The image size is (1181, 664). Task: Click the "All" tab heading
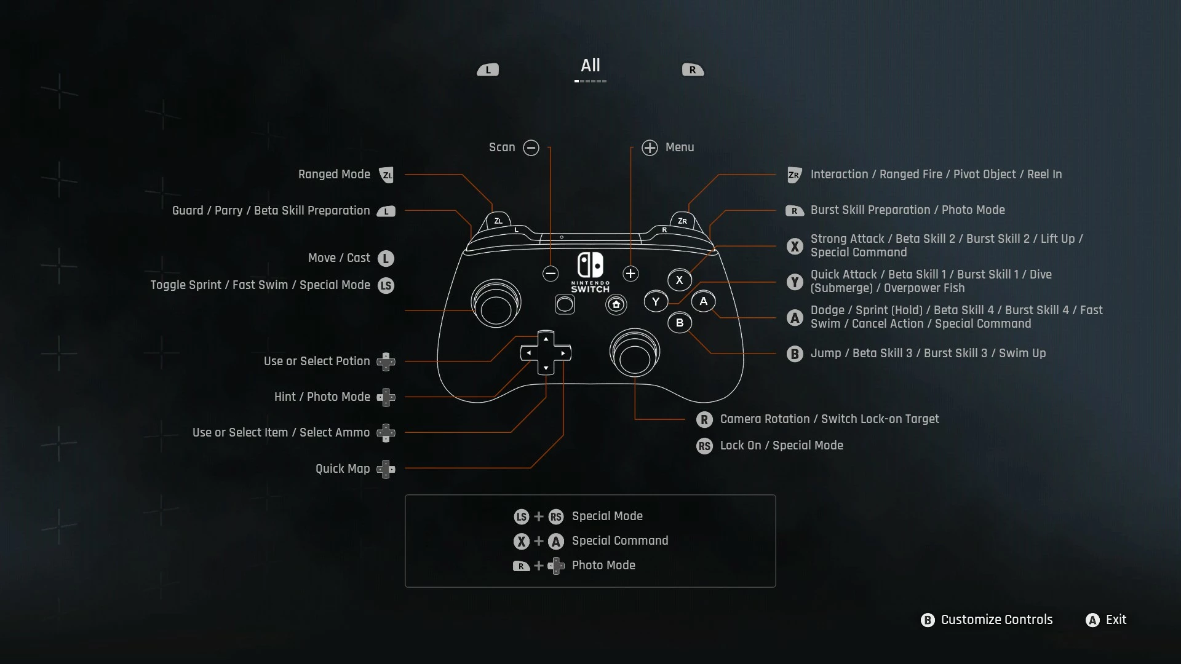[590, 65]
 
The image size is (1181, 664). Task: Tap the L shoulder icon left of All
[488, 70]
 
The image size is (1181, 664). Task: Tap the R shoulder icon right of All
[693, 70]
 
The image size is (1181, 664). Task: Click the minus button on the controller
[551, 274]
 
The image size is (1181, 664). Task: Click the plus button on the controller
[630, 274]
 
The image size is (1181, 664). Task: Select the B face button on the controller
[680, 323]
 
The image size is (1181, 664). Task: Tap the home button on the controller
[616, 304]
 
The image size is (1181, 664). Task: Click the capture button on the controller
[565, 304]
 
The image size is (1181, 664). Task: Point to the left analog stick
[496, 304]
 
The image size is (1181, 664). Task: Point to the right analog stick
[635, 353]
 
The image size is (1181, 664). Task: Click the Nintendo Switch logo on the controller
[590, 272]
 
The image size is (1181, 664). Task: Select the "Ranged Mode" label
[334, 175]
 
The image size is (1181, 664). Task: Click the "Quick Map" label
[343, 469]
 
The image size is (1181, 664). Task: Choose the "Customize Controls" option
[996, 620]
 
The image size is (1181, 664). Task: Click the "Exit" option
[1116, 620]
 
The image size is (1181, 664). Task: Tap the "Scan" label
[502, 148]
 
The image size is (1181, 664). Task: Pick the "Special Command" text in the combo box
[620, 541]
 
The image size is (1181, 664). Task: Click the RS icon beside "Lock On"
[704, 446]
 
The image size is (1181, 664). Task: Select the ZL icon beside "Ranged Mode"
[386, 175]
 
